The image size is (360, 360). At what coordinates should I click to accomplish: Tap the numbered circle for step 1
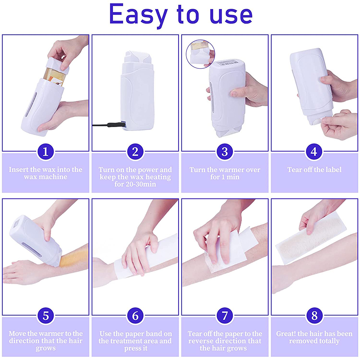coord(45,152)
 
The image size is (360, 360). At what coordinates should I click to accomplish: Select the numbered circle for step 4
coord(314,152)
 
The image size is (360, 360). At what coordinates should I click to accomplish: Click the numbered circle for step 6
coord(135,316)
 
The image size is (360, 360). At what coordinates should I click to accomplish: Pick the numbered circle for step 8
coord(314,316)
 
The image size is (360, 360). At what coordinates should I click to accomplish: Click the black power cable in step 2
coord(106,125)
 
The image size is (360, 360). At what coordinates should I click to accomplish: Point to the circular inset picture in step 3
coord(200,54)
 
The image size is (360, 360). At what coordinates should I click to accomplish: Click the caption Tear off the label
coord(314,170)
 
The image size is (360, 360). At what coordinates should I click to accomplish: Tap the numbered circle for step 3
coord(225,152)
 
